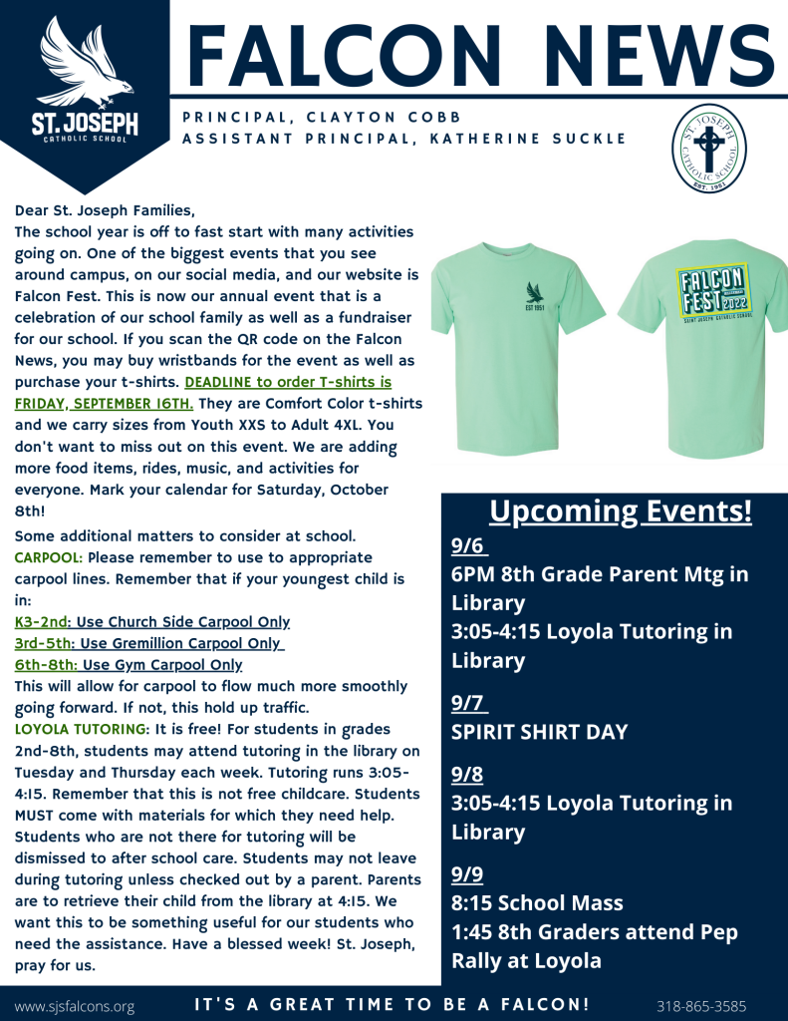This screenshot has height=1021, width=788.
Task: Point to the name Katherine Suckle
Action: tap(529, 139)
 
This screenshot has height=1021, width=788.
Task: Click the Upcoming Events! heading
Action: tap(620, 511)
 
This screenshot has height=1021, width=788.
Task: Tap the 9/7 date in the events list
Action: tap(469, 703)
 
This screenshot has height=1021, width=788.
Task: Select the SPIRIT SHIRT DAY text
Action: tap(539, 732)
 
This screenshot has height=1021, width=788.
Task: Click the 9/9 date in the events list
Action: tap(467, 874)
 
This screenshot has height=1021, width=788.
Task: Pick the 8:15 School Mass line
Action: tap(537, 903)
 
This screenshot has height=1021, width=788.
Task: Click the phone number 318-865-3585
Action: tap(701, 1006)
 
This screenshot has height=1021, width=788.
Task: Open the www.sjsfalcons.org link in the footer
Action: tap(75, 1006)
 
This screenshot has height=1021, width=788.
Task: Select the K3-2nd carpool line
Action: tap(152, 622)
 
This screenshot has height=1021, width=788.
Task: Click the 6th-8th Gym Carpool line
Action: tap(129, 665)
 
